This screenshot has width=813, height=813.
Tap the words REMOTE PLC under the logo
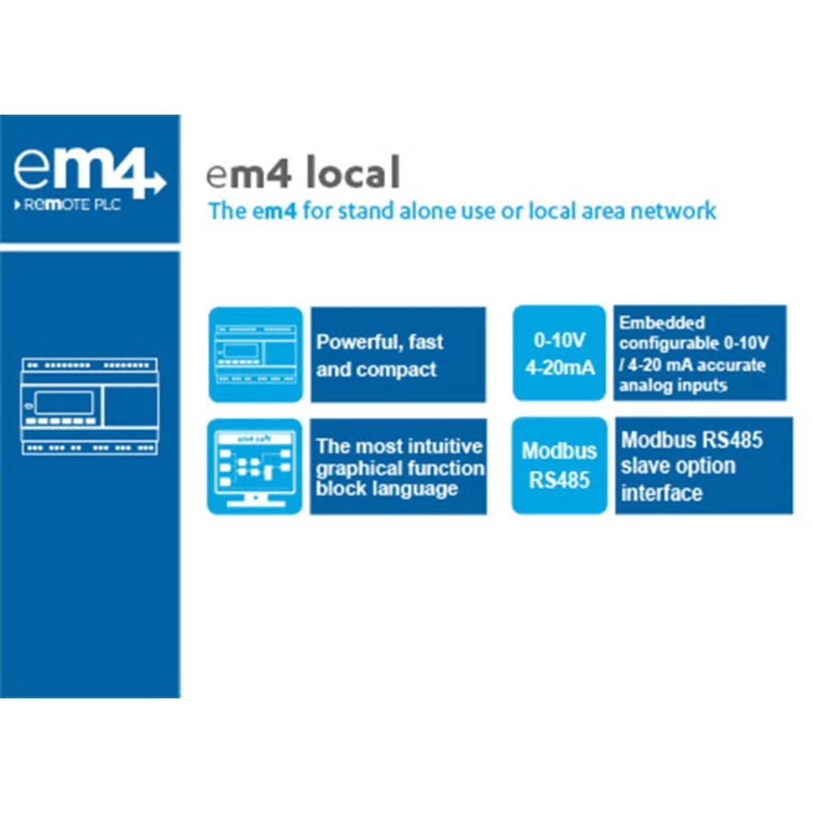click(x=72, y=205)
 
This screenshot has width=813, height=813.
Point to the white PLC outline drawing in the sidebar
click(x=89, y=406)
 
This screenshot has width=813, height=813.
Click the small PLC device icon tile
click(x=255, y=354)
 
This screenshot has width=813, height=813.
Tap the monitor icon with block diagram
click(x=255, y=466)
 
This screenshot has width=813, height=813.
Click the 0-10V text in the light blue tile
click(x=559, y=340)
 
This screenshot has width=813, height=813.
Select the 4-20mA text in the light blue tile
click(x=559, y=367)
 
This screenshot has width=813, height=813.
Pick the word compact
click(x=397, y=370)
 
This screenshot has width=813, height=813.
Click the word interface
click(x=661, y=493)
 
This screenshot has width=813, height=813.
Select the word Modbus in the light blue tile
click(x=559, y=451)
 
